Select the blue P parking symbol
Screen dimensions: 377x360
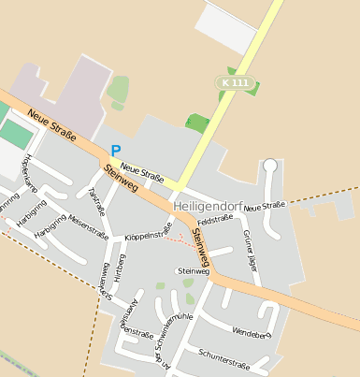116,150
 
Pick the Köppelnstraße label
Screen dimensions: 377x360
148,233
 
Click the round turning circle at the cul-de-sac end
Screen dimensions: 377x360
270,166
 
